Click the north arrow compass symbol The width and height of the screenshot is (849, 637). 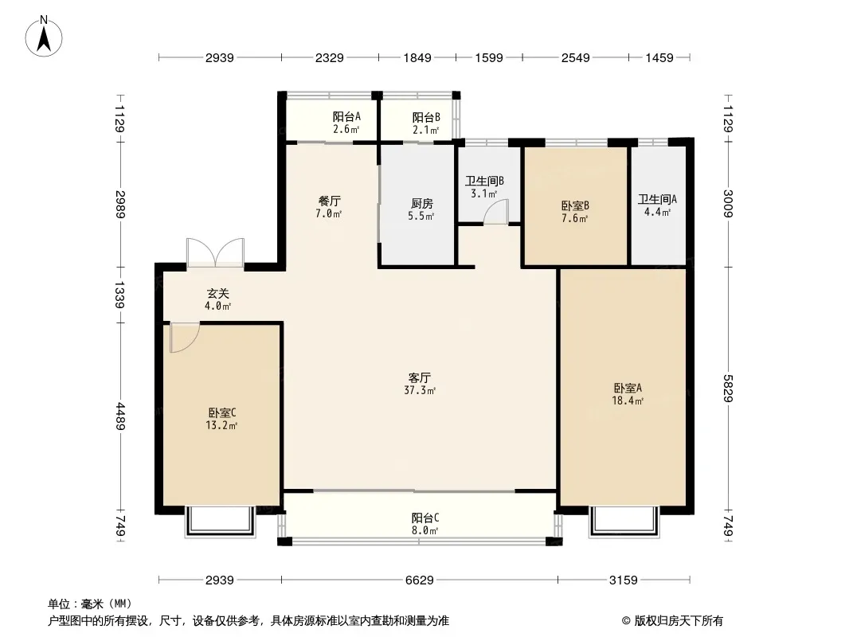tap(44, 37)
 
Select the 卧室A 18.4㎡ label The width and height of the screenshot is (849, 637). tap(628, 394)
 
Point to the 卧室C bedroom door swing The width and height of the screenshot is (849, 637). tap(184, 337)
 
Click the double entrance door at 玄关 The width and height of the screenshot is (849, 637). tap(216, 252)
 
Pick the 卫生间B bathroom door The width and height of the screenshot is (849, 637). tap(496, 212)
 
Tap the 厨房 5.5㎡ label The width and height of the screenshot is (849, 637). tap(421, 210)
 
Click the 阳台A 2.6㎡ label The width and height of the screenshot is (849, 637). tap(346, 123)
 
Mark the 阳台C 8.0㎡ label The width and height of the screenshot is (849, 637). tap(425, 524)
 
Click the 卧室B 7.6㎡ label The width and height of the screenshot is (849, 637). tap(575, 212)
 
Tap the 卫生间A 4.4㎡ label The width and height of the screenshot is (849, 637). tap(657, 205)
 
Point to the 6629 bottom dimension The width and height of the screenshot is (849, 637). tap(420, 580)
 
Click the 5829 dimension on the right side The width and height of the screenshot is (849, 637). tap(728, 389)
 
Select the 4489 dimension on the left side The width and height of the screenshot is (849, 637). tap(119, 416)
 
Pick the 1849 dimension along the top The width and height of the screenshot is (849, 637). tap(417, 57)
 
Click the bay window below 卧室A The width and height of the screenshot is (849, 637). tap(625, 521)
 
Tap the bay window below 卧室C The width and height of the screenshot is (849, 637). tap(221, 521)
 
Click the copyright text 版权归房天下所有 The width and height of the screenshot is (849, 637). tap(679, 621)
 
